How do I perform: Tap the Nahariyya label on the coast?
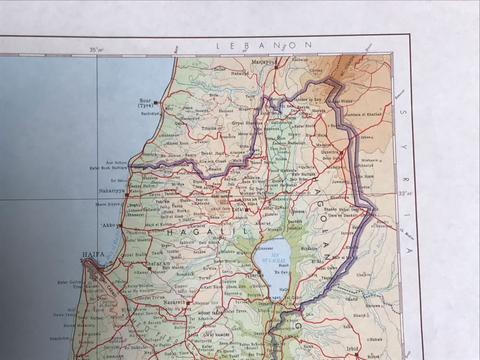(x=111, y=189)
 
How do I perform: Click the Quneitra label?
(x=331, y=150)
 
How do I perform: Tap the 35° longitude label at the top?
(x=97, y=50)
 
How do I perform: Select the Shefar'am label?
(x=158, y=262)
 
